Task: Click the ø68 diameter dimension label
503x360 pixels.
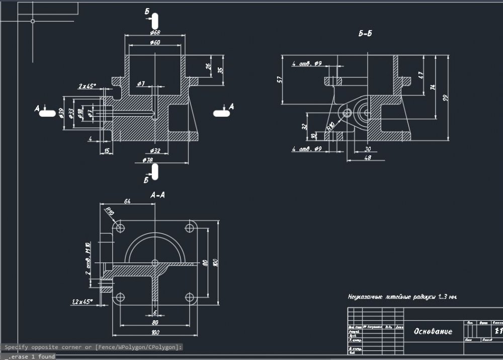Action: (155, 33)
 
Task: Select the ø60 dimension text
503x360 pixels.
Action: (155, 43)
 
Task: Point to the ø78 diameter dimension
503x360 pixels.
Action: (148, 160)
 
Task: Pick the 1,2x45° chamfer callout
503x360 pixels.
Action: (82, 302)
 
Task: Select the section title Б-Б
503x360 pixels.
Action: (365, 34)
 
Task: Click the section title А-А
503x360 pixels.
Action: (158, 194)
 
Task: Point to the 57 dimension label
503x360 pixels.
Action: (280, 79)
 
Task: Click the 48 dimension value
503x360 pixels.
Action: (367, 158)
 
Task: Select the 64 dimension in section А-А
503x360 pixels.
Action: (127, 202)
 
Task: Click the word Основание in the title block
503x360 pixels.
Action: (433, 331)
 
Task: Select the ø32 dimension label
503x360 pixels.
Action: (155, 150)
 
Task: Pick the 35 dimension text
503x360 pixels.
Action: (220, 70)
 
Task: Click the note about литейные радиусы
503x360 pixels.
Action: (402, 297)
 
